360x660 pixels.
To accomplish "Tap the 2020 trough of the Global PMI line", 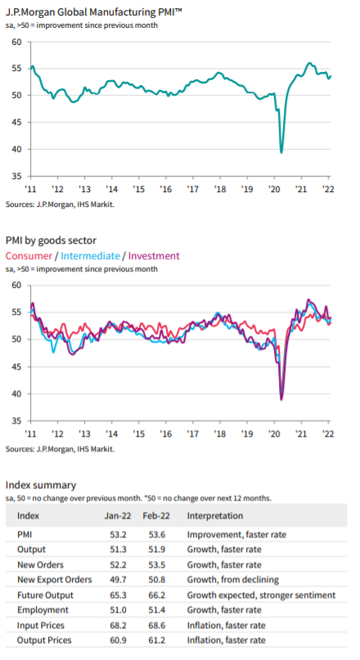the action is [281, 152].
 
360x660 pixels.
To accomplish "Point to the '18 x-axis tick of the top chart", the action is [220, 189].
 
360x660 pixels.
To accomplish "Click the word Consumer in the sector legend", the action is [29, 256].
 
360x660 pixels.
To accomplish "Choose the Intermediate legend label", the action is [91, 256].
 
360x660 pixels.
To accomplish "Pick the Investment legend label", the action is [154, 256].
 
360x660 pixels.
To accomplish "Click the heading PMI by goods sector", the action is [51, 240].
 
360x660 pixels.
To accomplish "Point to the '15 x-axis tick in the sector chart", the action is [138, 433].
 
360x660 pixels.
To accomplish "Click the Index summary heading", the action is [41, 485].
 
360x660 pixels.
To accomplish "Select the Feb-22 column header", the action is [156, 515].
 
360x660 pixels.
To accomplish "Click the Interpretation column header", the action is [215, 515].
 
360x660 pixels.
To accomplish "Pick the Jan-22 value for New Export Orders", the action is [118, 580].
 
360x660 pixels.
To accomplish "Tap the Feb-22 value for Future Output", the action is [156, 595].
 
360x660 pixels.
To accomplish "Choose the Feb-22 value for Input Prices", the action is [156, 625].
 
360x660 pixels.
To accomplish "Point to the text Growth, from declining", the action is [233, 580].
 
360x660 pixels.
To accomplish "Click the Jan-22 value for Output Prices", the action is [118, 640].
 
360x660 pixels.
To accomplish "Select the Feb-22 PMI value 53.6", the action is [156, 534].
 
